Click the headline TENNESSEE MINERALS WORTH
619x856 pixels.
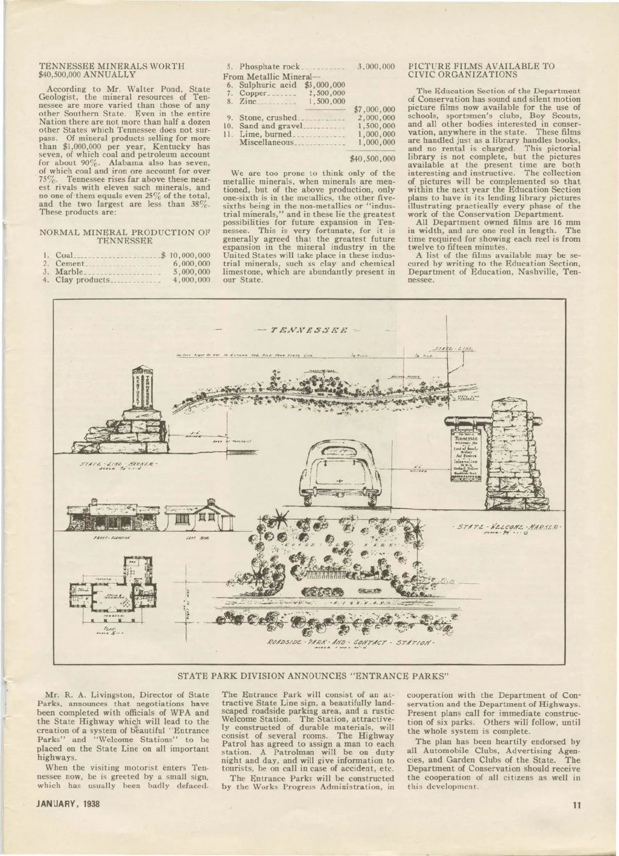coord(111,66)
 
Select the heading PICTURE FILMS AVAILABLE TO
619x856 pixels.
coord(481,66)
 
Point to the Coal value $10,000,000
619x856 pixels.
coord(187,256)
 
